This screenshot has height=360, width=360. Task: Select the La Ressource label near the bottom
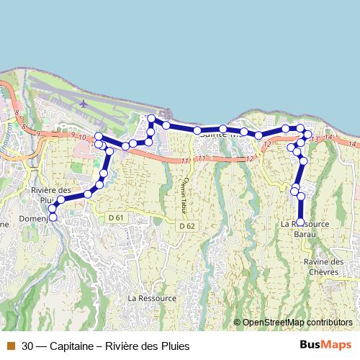[152, 297]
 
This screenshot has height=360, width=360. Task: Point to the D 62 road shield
[187, 226]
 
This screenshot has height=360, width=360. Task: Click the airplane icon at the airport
[84, 104]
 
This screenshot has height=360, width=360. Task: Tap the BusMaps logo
[326, 345]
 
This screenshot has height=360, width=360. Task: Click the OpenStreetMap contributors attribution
[298, 323]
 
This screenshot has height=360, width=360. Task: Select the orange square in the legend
[9, 346]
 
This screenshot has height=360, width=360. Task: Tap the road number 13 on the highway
[314, 138]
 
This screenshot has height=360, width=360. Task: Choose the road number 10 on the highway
[83, 137]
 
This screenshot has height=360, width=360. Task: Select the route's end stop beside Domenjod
[53, 216]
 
